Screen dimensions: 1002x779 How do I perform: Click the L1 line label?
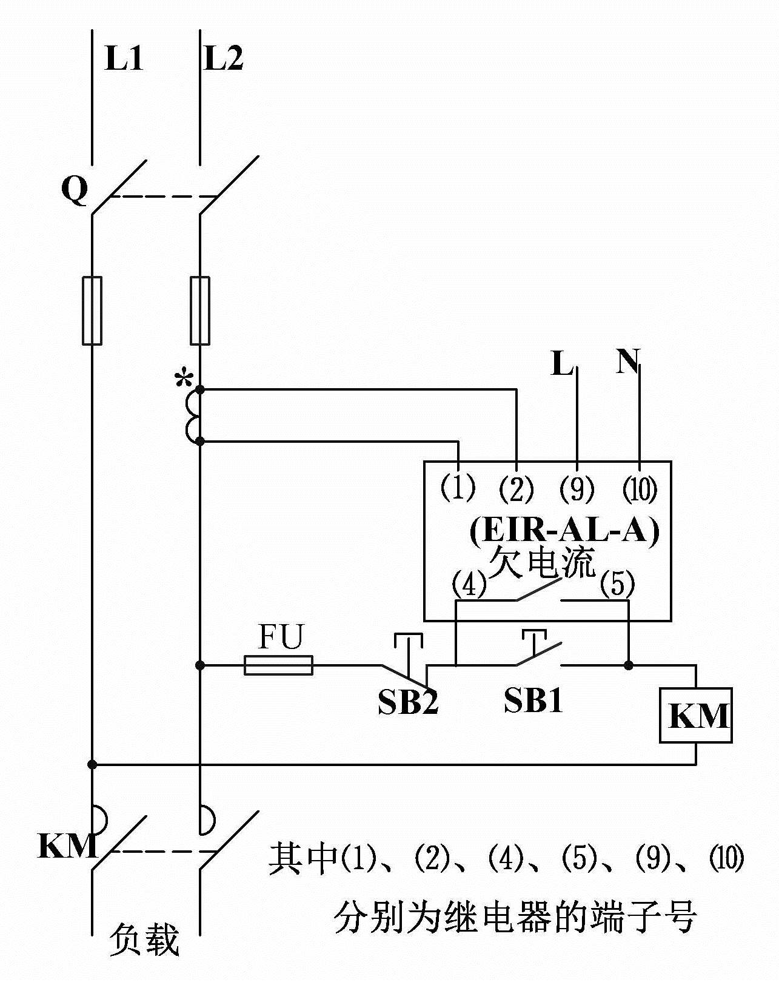(124, 59)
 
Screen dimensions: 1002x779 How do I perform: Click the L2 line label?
(224, 59)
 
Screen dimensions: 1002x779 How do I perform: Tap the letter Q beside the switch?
(75, 191)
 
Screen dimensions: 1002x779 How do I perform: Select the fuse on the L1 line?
(92, 311)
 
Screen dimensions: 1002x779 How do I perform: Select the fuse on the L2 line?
(200, 311)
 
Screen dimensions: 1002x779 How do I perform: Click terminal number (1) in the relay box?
(458, 488)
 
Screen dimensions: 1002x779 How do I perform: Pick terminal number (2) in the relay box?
(517, 489)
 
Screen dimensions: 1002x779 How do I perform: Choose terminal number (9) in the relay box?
(577, 489)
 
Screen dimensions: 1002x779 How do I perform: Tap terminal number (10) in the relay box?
(640, 489)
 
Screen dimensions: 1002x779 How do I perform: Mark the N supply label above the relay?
(628, 361)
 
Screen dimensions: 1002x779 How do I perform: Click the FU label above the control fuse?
(280, 637)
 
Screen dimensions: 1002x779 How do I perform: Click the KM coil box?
(696, 716)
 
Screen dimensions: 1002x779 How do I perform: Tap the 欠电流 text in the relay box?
(541, 563)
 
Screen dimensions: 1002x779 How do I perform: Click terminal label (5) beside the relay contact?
(617, 585)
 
